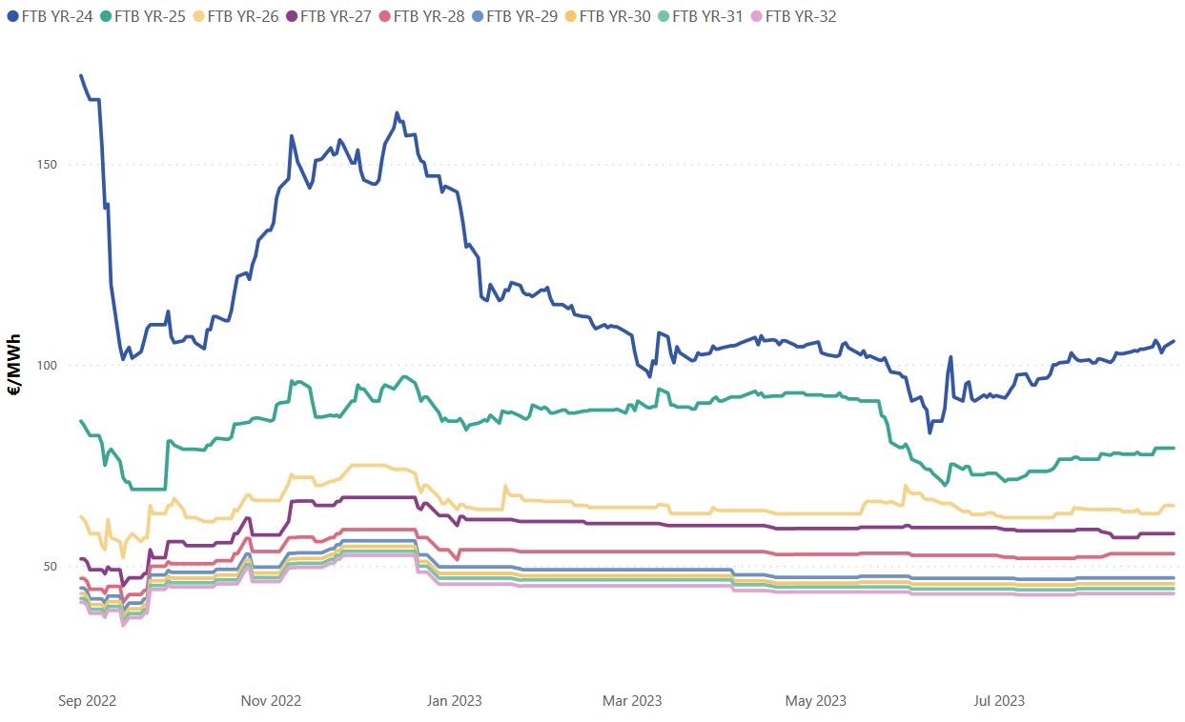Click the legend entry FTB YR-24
coord(56,16)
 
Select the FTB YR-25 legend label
coord(150,16)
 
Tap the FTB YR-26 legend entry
coord(243,16)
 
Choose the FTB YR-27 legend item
coord(336,16)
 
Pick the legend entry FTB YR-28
coord(429,16)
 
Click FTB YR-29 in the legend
coord(521,16)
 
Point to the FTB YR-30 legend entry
coord(615,16)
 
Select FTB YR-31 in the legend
coord(707,16)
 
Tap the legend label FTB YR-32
coord(801,16)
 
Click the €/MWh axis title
coord(15,366)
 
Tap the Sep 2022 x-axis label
coord(87,701)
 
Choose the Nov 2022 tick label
coord(271,701)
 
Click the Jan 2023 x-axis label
coord(454,701)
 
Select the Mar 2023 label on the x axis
coord(632,701)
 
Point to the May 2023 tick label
coord(815,701)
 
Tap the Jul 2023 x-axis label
coord(998,701)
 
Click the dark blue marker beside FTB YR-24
coord(12,16)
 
